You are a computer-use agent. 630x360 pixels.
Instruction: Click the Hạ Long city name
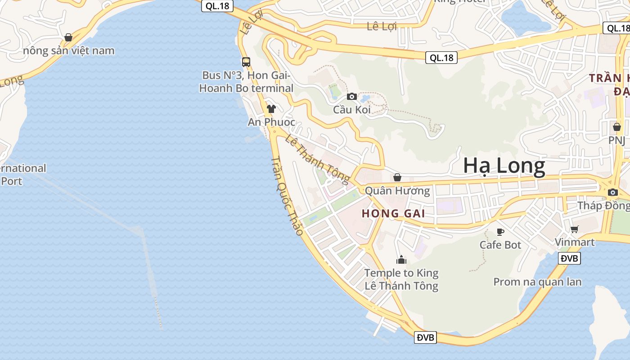tap(504, 166)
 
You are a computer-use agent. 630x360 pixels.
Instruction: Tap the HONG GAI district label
tap(394, 213)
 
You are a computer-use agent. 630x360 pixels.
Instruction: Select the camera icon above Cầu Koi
tap(352, 96)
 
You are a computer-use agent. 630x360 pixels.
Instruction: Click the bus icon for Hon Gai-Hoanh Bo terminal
tap(246, 62)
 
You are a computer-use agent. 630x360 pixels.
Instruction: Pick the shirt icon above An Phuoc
tap(271, 108)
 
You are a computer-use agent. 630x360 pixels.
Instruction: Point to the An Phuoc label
tap(271, 122)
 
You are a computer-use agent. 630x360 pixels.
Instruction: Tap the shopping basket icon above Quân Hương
tap(397, 177)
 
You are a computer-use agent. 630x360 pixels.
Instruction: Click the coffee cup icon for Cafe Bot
tap(500, 232)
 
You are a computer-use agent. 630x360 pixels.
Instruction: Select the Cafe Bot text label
tap(500, 245)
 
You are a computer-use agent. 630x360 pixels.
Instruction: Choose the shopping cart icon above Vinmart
tap(574, 229)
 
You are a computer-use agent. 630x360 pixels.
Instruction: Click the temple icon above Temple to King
tap(401, 260)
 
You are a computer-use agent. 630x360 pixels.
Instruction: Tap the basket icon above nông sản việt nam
tap(68, 37)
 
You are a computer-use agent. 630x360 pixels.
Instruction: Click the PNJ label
tap(616, 140)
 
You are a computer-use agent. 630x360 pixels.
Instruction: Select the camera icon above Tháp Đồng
tap(612, 193)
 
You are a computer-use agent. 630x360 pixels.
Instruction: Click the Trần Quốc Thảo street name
tap(287, 196)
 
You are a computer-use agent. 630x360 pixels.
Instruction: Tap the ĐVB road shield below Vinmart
tap(569, 258)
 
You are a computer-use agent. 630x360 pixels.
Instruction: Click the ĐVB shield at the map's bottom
tap(425, 337)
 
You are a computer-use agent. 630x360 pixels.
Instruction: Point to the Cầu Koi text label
tap(351, 109)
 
